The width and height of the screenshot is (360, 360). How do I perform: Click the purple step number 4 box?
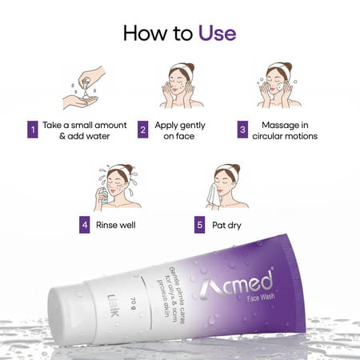coord(84,225)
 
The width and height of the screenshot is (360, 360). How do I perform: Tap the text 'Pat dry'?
coord(228,225)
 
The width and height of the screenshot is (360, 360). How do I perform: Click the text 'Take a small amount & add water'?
coord(78,130)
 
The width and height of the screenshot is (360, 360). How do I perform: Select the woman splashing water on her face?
coord(116,189)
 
